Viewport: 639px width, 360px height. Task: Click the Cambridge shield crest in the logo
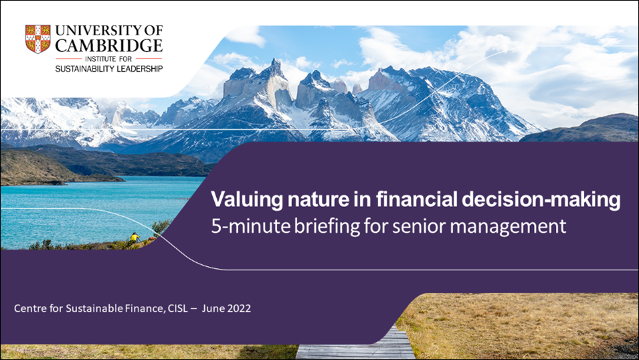38,39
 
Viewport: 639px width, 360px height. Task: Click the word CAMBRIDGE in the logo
109,45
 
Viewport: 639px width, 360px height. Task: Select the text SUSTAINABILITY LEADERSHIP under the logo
109,69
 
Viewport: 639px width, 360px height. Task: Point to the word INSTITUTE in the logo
100,59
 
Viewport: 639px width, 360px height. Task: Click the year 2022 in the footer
239,308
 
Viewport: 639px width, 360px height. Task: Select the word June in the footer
213,308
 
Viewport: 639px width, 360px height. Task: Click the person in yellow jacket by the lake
134,238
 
